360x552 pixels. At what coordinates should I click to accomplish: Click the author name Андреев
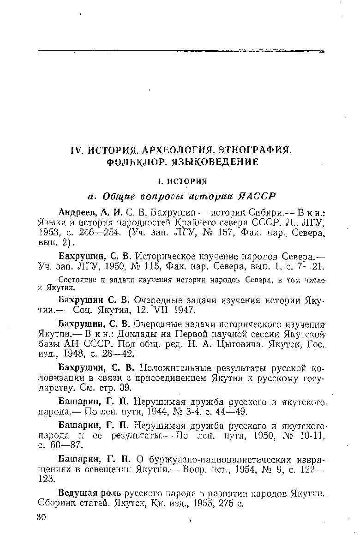[77, 213]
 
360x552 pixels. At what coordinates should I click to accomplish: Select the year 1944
[155, 412]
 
